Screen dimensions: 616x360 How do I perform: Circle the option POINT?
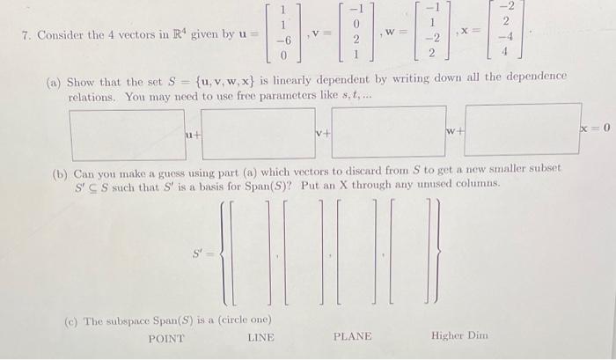(167, 337)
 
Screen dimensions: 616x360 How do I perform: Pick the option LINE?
(260, 337)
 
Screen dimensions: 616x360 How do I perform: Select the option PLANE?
(352, 337)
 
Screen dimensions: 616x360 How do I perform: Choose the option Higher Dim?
(460, 337)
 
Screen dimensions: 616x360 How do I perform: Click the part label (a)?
(55, 77)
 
